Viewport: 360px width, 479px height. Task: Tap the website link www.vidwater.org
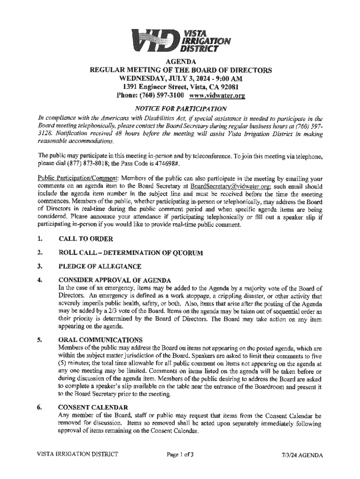coord(216,95)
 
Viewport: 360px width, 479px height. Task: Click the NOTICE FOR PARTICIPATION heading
coord(180,109)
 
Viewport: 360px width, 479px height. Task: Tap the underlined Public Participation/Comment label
coord(73,178)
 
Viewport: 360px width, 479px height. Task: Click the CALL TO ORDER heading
coord(86,239)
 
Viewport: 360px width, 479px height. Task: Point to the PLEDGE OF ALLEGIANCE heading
coord(100,267)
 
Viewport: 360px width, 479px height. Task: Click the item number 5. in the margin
coord(41,340)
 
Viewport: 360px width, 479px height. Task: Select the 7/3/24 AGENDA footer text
coord(302,455)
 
